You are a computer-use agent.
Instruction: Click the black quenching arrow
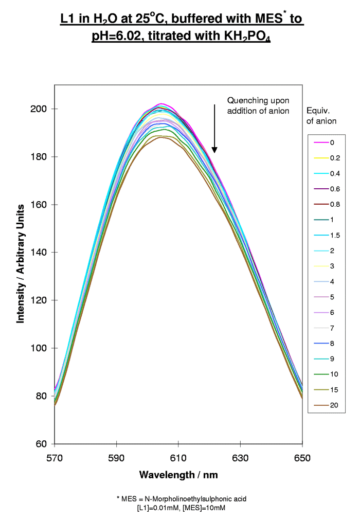(214, 129)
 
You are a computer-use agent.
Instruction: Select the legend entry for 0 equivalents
(325, 142)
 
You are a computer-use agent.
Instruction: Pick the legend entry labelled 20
(325, 405)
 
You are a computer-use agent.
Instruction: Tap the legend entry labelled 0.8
(325, 204)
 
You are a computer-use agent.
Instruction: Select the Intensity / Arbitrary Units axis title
(21, 263)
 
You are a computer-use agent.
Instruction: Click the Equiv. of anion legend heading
(321, 116)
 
